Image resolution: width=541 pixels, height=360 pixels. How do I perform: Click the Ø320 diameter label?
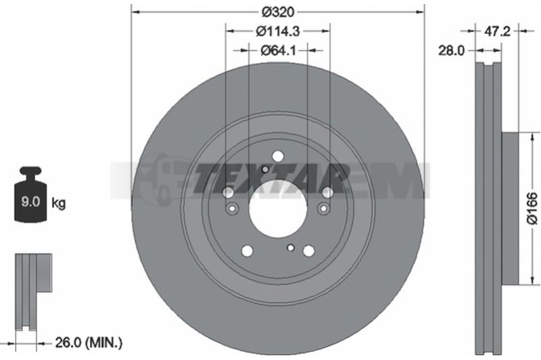click(x=278, y=12)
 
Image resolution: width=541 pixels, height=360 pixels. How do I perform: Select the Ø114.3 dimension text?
click(x=278, y=31)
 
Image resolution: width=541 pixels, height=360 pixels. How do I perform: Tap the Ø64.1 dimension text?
click(x=278, y=51)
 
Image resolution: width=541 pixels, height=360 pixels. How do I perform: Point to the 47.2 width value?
click(x=497, y=31)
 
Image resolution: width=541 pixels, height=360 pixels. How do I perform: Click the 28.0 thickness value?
click(x=451, y=51)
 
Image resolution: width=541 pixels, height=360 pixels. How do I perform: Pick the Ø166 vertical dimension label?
click(x=533, y=208)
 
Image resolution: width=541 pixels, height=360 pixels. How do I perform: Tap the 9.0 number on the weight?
click(x=30, y=202)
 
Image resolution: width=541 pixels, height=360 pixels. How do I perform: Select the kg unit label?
click(x=58, y=203)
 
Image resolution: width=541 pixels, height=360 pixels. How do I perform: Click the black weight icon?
click(x=30, y=194)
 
